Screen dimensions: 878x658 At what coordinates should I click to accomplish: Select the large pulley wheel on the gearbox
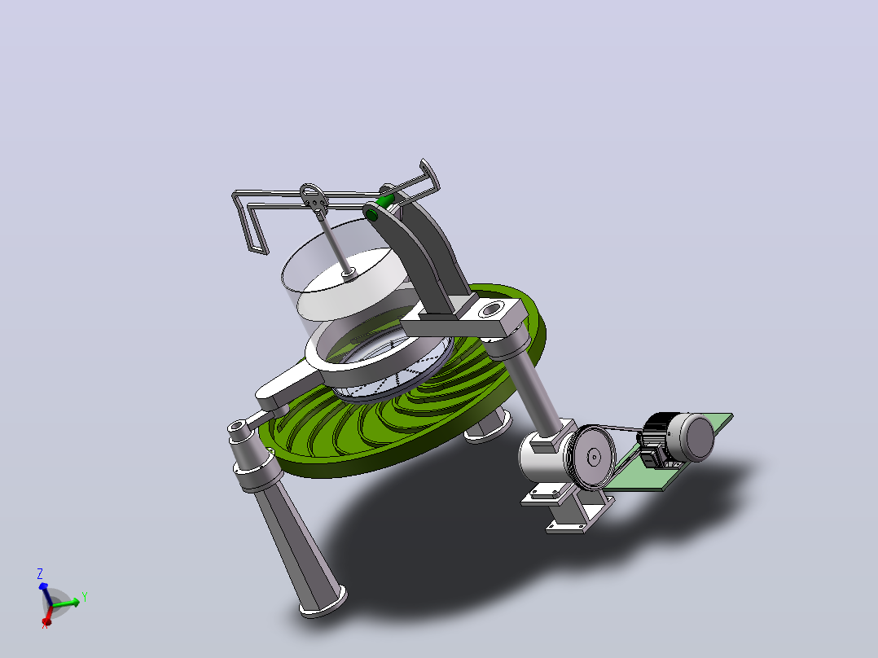[x=594, y=457]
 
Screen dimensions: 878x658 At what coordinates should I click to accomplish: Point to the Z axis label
[x=40, y=574]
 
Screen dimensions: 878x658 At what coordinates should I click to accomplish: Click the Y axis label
[x=85, y=597]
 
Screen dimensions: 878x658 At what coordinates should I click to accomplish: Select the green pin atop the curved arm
[x=385, y=199]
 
